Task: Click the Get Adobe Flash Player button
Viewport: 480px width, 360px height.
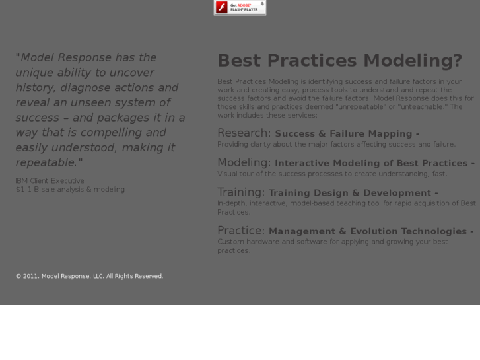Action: [x=240, y=7]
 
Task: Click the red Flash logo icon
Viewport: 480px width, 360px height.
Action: [x=222, y=7]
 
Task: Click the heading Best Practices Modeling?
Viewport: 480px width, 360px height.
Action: [x=339, y=61]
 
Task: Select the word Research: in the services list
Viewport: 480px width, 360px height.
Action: [x=244, y=133]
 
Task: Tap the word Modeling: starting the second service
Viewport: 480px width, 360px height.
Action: [x=244, y=162]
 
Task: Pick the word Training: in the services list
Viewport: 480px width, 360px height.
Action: [x=241, y=192]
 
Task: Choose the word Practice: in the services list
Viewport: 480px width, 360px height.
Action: [x=241, y=231]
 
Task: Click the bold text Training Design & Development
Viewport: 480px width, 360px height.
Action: [x=353, y=193]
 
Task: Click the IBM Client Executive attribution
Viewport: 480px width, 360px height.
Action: [x=50, y=180]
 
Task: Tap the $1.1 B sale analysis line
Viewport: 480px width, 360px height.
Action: [x=70, y=189]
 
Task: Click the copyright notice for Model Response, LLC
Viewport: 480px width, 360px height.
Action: [x=89, y=276]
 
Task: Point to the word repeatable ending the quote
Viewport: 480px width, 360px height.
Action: [x=46, y=162]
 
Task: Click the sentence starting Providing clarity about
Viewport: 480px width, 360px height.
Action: [x=336, y=144]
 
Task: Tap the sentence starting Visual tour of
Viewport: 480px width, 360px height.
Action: [x=331, y=174]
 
